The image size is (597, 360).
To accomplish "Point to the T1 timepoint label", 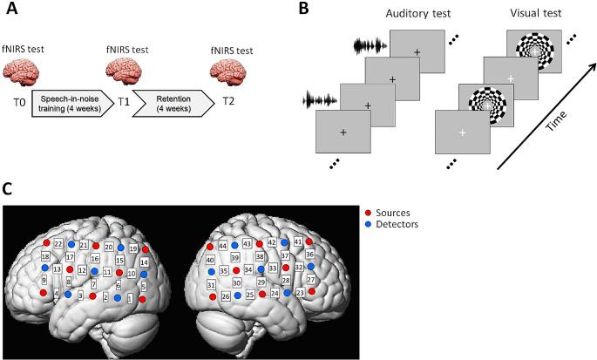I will pos(123,101).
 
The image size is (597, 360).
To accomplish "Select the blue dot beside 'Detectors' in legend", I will pos(370,223).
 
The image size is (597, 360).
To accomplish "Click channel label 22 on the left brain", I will pos(58,243).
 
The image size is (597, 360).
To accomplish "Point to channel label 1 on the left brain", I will pos(131,298).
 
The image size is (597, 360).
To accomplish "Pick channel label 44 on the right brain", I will pos(223,247).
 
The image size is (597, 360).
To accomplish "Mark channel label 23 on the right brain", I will pos(301,294).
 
